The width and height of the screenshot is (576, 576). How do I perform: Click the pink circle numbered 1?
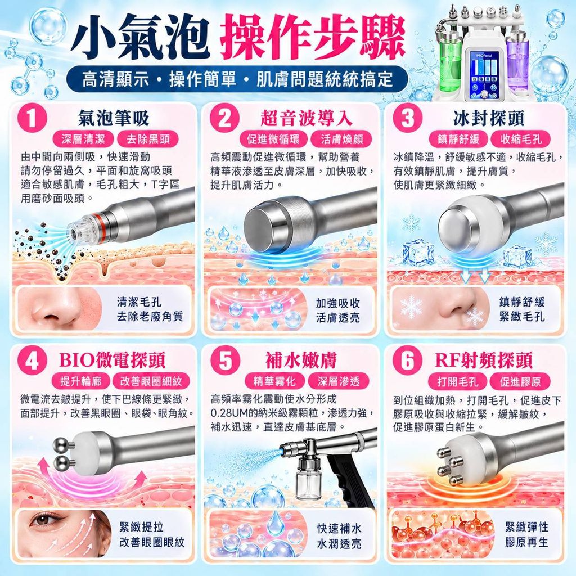pyautogui.click(x=33, y=118)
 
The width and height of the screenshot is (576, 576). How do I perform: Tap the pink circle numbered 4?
pyautogui.click(x=33, y=360)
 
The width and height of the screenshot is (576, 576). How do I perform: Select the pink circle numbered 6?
pyautogui.click(x=407, y=360)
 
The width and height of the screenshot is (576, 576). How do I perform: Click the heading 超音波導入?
pyautogui.click(x=307, y=118)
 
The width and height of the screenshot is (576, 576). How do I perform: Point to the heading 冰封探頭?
pyautogui.click(x=489, y=118)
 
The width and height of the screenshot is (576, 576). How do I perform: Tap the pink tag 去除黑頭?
pyautogui.click(x=148, y=139)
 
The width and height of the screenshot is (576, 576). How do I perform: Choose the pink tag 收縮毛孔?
pyautogui.click(x=521, y=139)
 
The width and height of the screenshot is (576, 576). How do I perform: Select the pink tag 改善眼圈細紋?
pyautogui.click(x=151, y=381)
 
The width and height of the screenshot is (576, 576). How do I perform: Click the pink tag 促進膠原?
pyautogui.click(x=520, y=382)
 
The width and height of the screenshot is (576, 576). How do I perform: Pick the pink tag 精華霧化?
pyautogui.click(x=274, y=381)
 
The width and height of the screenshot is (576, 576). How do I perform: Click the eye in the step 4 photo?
pyautogui.click(x=43, y=520)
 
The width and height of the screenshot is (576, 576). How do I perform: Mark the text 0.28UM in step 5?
pyautogui.click(x=229, y=413)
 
